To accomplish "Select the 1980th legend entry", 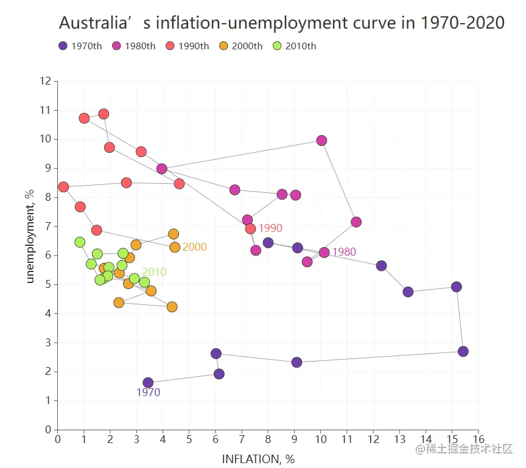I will tap(133, 46).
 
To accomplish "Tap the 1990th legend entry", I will tap(187, 46).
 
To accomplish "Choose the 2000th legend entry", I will tap(240, 46).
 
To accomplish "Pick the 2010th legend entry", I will tap(294, 46).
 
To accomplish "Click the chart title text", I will tap(281, 23).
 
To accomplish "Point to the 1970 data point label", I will tap(148, 393).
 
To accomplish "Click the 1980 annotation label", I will tap(344, 252).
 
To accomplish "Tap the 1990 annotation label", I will tap(270, 228).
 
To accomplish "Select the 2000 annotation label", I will tap(194, 247).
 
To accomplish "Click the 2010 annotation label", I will tap(154, 272).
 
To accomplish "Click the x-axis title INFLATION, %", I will tap(258, 459).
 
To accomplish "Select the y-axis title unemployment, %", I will tap(29, 237).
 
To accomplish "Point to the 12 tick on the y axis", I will tap(45, 81).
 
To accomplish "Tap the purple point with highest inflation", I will tap(463, 351).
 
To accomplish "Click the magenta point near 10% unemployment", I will tap(321, 141).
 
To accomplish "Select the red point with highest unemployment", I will tap(103, 114).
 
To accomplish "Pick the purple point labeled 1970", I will tap(148, 383).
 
